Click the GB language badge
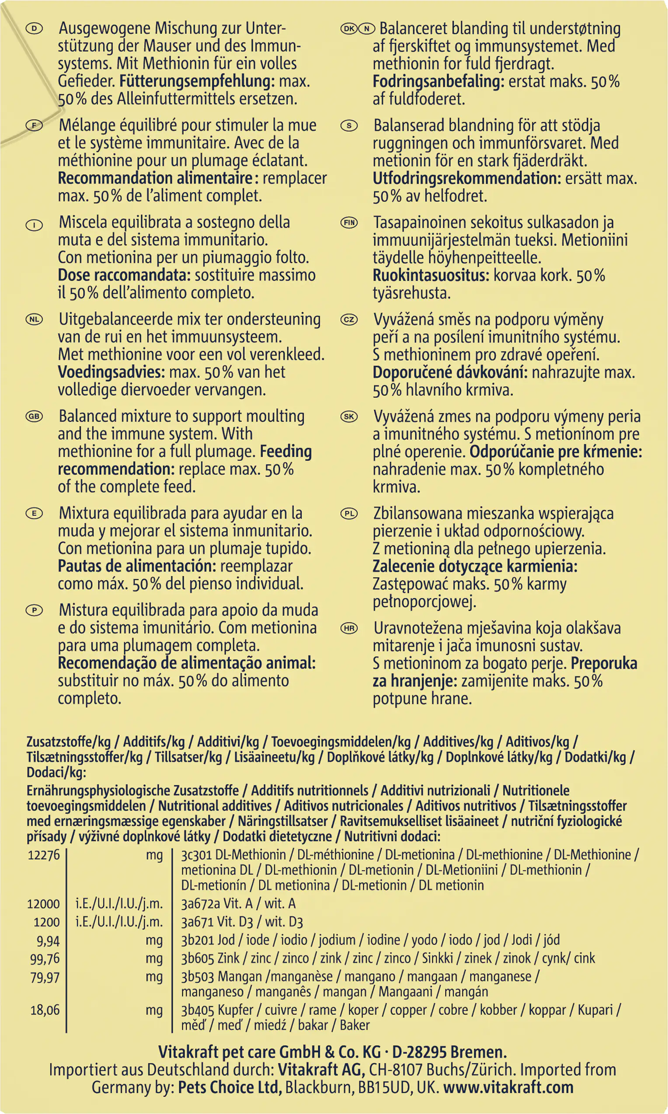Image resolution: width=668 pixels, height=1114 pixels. point(34,417)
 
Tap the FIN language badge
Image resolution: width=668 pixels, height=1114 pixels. point(349,223)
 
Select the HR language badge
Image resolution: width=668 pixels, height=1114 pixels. point(349,629)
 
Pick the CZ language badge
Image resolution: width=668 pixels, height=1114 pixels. point(349,320)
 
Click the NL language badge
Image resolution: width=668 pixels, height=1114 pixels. point(34,320)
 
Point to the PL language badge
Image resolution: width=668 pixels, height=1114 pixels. point(349,514)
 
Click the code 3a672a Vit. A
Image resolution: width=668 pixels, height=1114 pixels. point(238,904)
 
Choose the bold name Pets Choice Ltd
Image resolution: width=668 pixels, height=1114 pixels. point(230,1088)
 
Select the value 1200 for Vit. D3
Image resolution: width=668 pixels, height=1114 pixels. point(47,922)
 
